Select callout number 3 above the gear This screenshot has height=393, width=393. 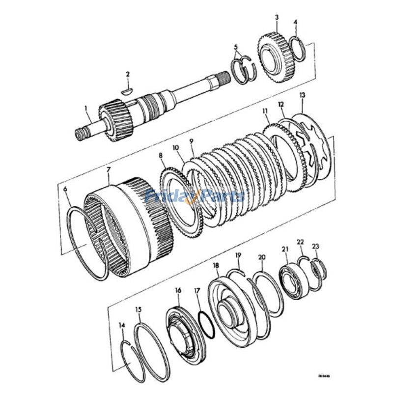[277, 17]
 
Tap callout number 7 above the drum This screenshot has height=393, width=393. [109, 169]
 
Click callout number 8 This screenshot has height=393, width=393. [160, 156]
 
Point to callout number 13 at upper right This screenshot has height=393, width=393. [302, 95]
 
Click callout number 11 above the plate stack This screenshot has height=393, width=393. [265, 112]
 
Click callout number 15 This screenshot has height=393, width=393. [139, 309]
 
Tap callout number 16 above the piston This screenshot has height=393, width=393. [178, 290]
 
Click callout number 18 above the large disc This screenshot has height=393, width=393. [215, 265]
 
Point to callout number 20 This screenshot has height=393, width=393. [261, 257]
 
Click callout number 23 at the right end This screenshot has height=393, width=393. [315, 246]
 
